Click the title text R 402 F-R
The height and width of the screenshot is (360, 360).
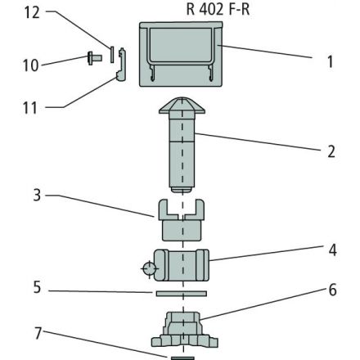(218, 10)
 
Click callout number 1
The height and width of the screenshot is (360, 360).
(331, 62)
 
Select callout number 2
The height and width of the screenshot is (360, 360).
(331, 151)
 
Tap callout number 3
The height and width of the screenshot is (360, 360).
(37, 196)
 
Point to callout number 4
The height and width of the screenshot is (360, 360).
(332, 250)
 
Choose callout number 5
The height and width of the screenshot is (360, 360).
(37, 287)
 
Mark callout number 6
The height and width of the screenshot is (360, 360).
(332, 290)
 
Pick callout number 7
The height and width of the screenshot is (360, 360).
(38, 333)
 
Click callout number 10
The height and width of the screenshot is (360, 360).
(30, 65)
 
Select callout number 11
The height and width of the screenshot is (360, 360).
(30, 108)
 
